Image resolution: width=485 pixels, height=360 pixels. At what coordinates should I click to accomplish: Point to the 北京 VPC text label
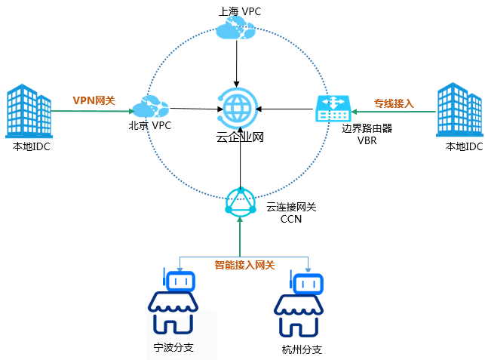(x=149, y=125)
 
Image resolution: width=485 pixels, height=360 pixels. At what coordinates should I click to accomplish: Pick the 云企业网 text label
(x=239, y=137)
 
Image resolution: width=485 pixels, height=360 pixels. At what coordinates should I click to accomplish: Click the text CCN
(x=290, y=219)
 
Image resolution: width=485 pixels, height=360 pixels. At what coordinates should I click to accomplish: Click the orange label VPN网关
(x=94, y=100)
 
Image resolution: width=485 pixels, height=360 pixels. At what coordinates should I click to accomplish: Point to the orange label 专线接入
(x=394, y=103)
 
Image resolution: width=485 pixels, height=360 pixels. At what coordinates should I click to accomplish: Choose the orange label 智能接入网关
(x=244, y=265)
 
